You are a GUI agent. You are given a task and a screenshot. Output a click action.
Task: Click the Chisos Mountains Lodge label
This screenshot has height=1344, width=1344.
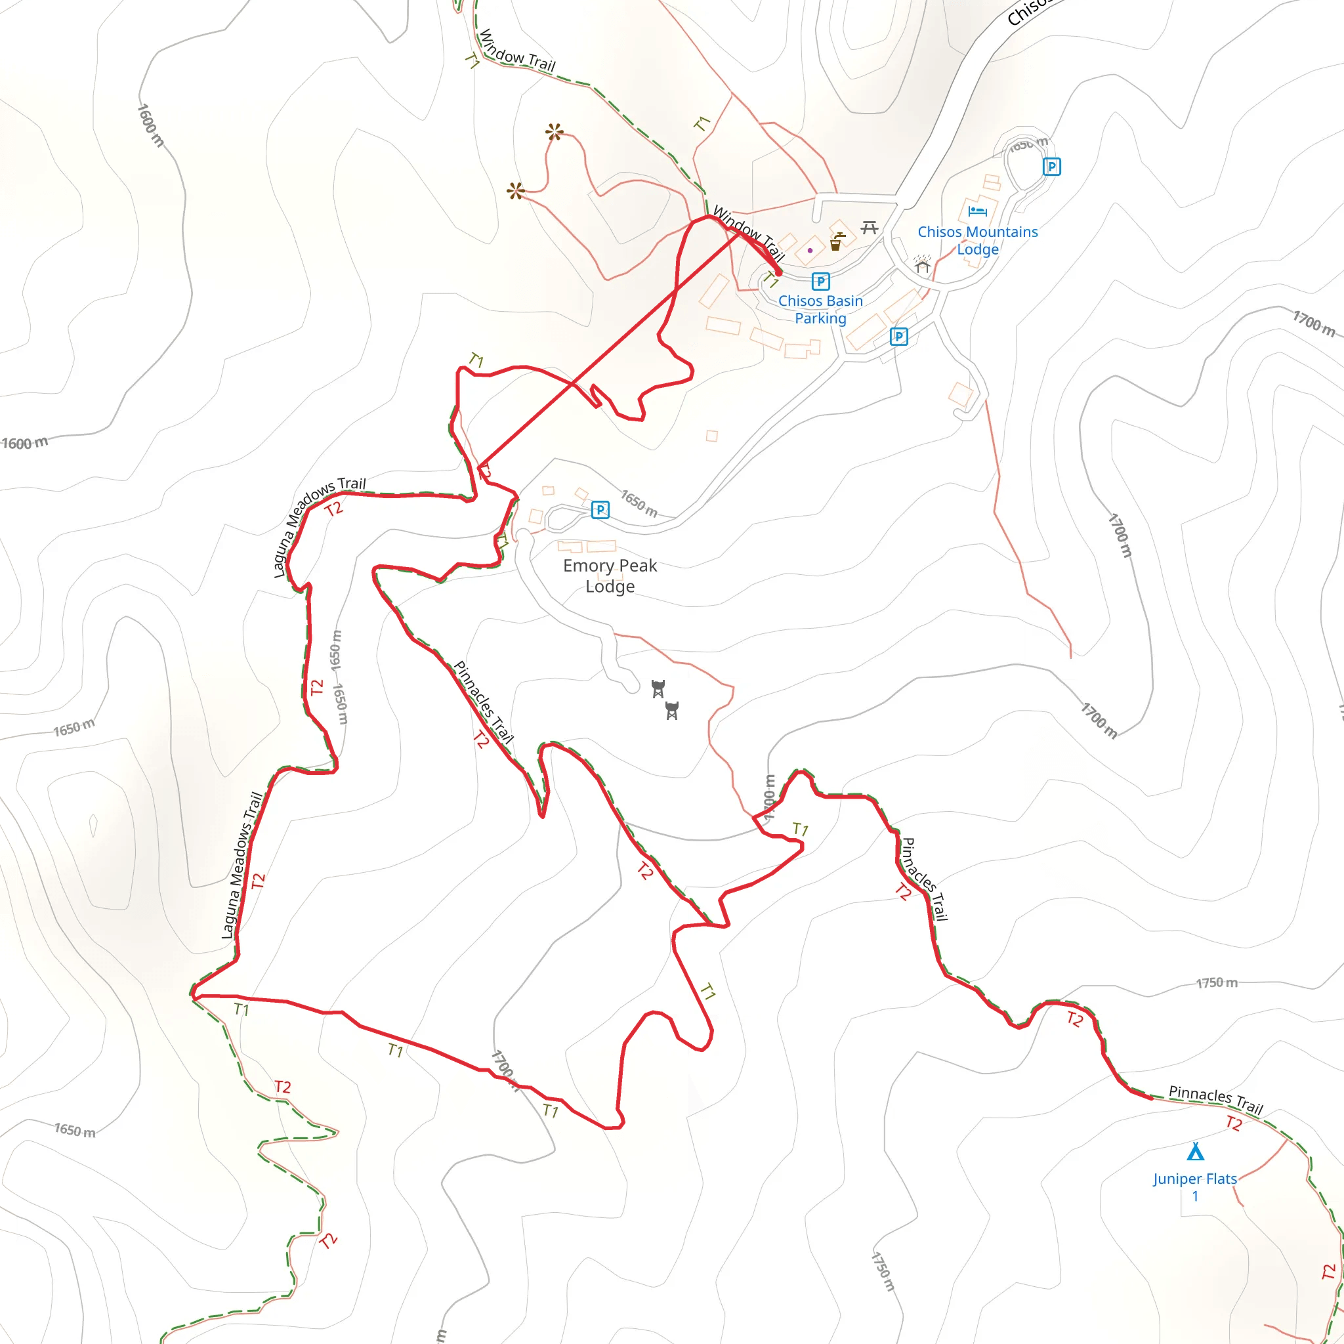977,241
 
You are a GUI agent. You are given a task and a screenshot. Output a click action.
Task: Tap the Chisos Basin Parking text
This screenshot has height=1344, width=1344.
820,310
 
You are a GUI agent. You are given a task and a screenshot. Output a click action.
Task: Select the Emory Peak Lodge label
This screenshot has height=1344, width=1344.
610,576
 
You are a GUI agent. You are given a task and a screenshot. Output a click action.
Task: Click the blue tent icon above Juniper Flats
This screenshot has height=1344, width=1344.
1195,1152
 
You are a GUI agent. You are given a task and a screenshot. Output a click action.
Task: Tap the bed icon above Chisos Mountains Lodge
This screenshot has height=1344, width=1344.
977,211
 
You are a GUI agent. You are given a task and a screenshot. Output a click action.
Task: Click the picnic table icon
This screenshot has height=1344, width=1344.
869,228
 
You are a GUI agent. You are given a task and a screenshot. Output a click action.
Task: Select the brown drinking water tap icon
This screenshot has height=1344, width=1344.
837,242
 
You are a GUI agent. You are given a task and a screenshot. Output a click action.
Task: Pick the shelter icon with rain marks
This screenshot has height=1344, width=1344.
923,264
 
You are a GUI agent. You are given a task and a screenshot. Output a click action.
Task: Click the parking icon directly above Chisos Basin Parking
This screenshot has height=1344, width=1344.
821,282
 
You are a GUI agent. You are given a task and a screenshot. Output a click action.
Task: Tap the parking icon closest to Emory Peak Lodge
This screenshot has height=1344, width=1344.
600,510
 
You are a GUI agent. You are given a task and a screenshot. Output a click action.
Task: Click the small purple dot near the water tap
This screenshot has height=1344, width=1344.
810,251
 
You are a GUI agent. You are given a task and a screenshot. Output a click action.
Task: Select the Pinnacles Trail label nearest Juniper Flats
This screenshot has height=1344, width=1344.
1215,1099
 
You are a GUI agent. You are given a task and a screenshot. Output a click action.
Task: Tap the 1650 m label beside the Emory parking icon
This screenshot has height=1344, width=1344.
639,503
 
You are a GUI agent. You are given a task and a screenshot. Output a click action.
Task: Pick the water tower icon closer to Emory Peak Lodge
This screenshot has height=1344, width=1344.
658,688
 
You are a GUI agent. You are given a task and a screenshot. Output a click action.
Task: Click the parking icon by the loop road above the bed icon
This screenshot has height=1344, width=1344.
1051,167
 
